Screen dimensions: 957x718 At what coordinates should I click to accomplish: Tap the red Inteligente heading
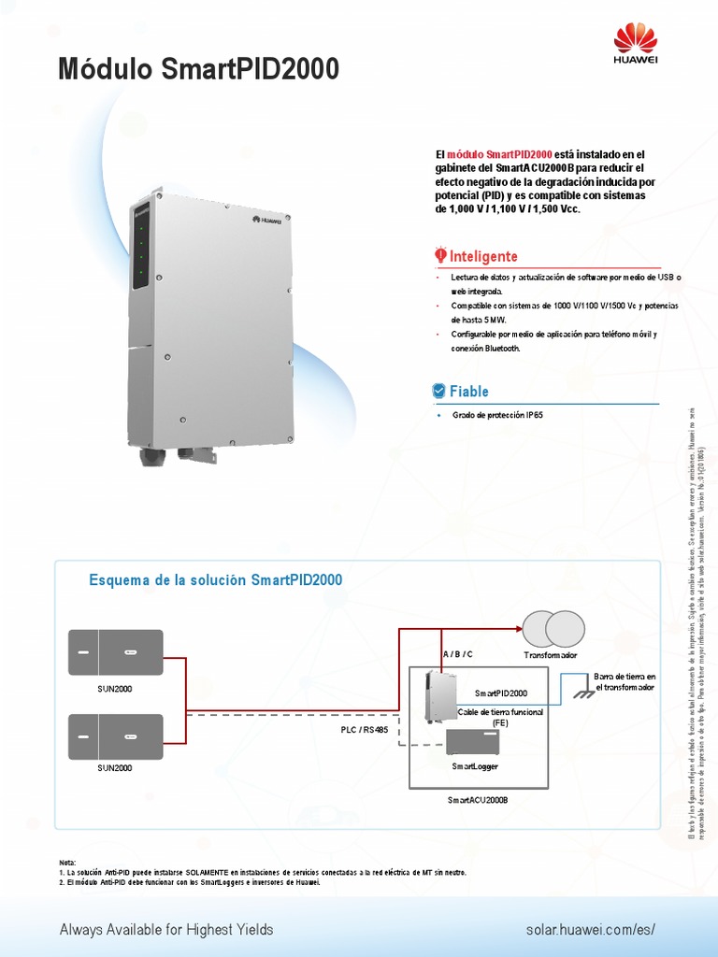(483, 256)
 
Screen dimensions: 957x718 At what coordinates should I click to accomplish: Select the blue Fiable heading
(468, 391)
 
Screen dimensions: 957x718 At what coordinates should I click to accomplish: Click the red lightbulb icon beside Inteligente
(440, 255)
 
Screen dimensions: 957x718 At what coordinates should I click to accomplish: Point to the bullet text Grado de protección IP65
(497, 414)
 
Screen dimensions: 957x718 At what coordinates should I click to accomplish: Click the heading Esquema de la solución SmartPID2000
(216, 580)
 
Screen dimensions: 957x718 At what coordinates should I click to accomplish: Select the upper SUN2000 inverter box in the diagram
(116, 652)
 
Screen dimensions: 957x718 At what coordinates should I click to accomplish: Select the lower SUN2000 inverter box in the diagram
(116, 736)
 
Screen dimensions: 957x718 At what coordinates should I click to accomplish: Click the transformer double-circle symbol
(551, 628)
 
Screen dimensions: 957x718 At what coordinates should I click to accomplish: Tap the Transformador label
(551, 655)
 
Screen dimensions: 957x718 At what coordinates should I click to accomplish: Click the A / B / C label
(457, 654)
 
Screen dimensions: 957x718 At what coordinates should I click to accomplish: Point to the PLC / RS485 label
(365, 729)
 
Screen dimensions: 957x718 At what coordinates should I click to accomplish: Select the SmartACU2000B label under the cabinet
(477, 801)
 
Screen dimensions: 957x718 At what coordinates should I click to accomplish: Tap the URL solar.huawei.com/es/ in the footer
(591, 930)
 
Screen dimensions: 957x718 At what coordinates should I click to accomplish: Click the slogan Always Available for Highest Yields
(166, 930)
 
